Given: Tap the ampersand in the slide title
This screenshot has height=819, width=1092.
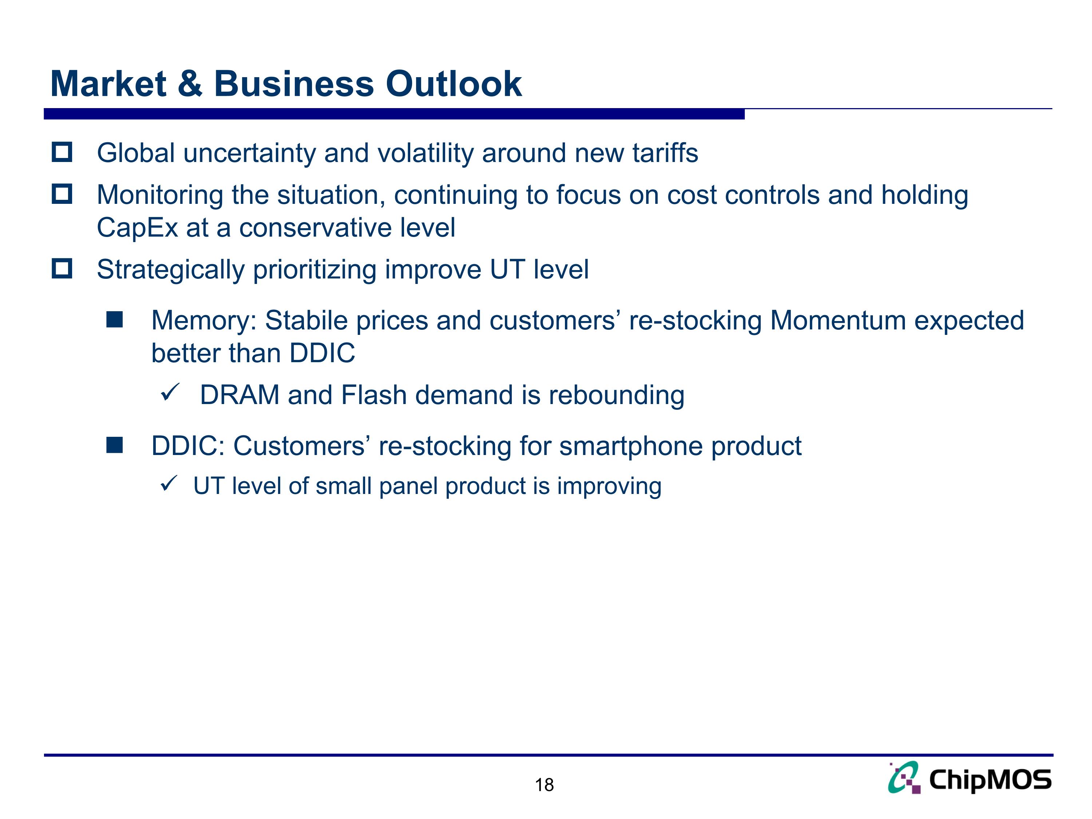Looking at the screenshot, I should pyautogui.click(x=190, y=84).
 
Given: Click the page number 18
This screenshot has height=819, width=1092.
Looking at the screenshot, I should pyautogui.click(x=544, y=785).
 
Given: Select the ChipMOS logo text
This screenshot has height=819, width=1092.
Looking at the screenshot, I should pyautogui.click(x=990, y=780).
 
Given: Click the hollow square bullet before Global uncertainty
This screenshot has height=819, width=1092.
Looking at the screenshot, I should pyautogui.click(x=62, y=152).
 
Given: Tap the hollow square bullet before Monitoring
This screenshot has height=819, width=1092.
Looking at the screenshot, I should pyautogui.click(x=62, y=194).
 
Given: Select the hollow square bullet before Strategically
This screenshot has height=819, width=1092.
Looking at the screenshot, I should pyautogui.click(x=62, y=269).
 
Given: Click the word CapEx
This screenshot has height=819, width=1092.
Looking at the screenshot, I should pyautogui.click(x=137, y=228).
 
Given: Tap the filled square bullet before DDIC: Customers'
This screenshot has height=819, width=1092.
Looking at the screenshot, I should pyautogui.click(x=115, y=445).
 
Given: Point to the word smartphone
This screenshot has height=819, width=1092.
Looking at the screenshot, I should pyautogui.click(x=630, y=446).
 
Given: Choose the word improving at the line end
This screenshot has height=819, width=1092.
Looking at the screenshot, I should pyautogui.click(x=609, y=487).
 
